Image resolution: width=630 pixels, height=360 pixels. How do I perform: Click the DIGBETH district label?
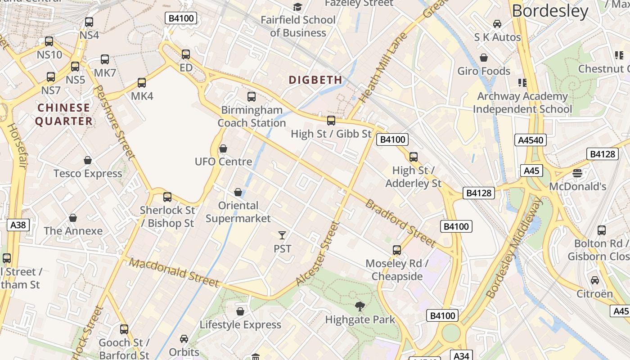[315, 80]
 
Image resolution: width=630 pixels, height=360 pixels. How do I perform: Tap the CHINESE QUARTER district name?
[64, 114]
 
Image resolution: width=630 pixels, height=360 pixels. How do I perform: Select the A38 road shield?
[18, 225]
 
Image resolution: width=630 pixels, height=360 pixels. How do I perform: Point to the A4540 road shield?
[531, 140]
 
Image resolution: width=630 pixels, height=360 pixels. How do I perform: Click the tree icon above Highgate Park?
[360, 306]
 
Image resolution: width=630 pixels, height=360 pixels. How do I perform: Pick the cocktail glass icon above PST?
[282, 235]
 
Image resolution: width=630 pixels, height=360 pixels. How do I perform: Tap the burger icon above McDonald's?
[577, 173]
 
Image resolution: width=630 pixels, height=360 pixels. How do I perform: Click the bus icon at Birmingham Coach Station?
[252, 96]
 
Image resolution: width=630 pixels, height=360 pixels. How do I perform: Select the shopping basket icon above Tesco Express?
[88, 160]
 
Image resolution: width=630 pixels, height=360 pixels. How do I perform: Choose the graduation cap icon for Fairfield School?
[297, 7]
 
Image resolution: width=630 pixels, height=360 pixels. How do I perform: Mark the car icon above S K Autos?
[497, 24]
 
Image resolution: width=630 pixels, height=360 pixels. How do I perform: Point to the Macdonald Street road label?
[174, 272]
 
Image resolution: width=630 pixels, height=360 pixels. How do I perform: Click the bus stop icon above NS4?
[89, 22]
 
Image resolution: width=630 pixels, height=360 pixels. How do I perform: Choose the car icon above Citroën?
[595, 280]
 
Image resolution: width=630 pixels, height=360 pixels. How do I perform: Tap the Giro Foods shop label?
[484, 71]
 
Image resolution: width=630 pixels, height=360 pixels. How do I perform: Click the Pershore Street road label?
[116, 123]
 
